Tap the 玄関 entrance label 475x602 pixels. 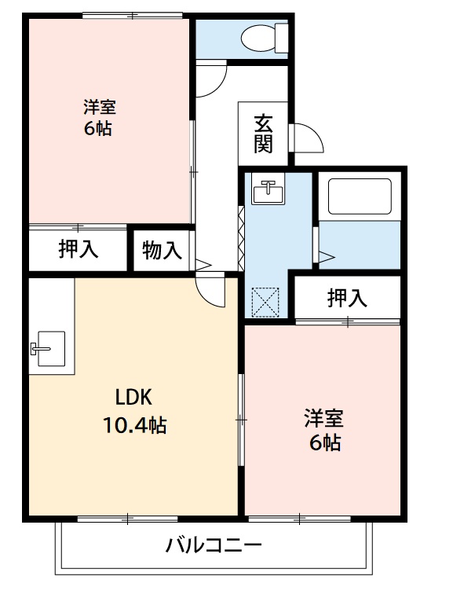click(x=264, y=133)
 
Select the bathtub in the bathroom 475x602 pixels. click(x=359, y=196)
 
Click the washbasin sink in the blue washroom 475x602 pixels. click(x=269, y=190)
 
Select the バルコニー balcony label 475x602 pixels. click(x=213, y=545)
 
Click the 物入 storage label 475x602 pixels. click(x=163, y=251)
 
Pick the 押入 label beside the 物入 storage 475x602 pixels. click(x=79, y=250)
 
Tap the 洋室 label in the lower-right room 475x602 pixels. click(x=324, y=417)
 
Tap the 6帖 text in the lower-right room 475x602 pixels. click(x=324, y=442)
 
